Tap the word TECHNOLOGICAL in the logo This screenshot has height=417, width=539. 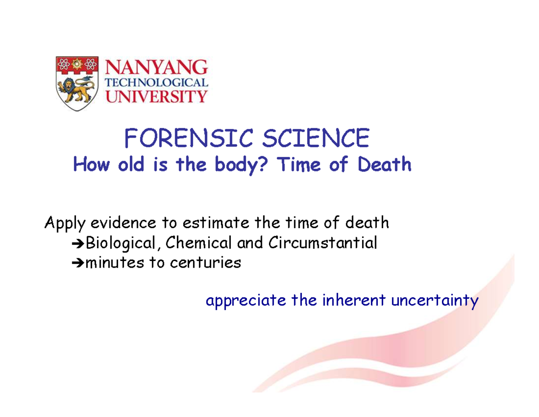pos(156,83)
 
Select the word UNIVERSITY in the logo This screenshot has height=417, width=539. pos(156,95)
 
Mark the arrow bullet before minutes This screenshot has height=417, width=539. pos(78,263)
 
